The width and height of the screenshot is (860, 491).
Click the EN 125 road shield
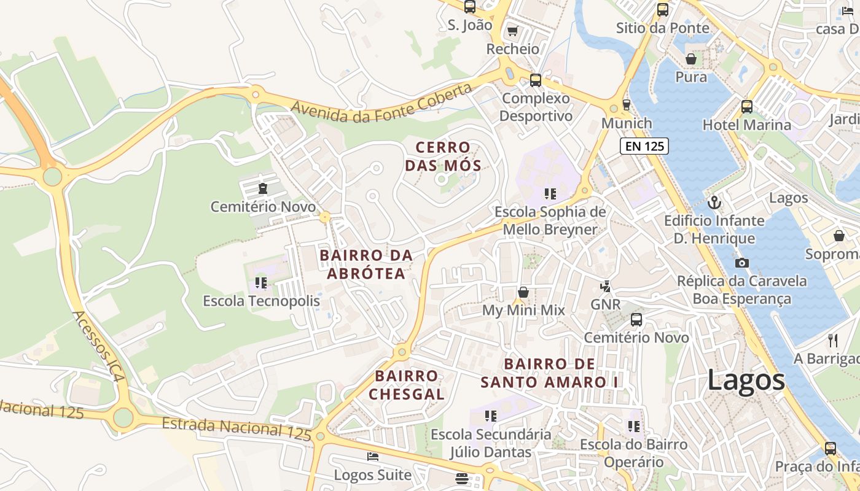[x=643, y=146]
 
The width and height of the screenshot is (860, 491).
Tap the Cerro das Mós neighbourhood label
[x=443, y=157]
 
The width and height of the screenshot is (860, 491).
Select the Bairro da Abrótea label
[x=366, y=265]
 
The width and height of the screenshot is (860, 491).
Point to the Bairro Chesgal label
[x=407, y=385]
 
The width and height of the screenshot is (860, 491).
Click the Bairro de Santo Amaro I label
[x=550, y=373]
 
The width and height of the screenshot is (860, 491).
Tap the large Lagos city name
[x=746, y=380]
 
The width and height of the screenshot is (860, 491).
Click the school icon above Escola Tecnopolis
[x=261, y=283]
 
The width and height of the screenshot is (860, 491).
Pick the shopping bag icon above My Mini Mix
[x=523, y=292]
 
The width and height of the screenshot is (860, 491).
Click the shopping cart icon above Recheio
[x=512, y=31]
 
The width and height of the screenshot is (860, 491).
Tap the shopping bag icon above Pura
[x=691, y=59]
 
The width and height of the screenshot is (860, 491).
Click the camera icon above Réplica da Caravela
[x=742, y=263]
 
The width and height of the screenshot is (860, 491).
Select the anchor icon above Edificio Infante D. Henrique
[x=714, y=202]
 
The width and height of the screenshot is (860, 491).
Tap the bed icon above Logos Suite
[x=372, y=456]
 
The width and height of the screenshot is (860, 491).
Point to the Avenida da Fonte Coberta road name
[x=381, y=102]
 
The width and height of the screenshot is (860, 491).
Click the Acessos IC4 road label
[x=98, y=347]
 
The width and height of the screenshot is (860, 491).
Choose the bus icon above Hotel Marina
[x=747, y=106]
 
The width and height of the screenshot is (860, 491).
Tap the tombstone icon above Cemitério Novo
[x=263, y=188]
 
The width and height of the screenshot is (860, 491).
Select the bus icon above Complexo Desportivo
[x=536, y=80]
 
